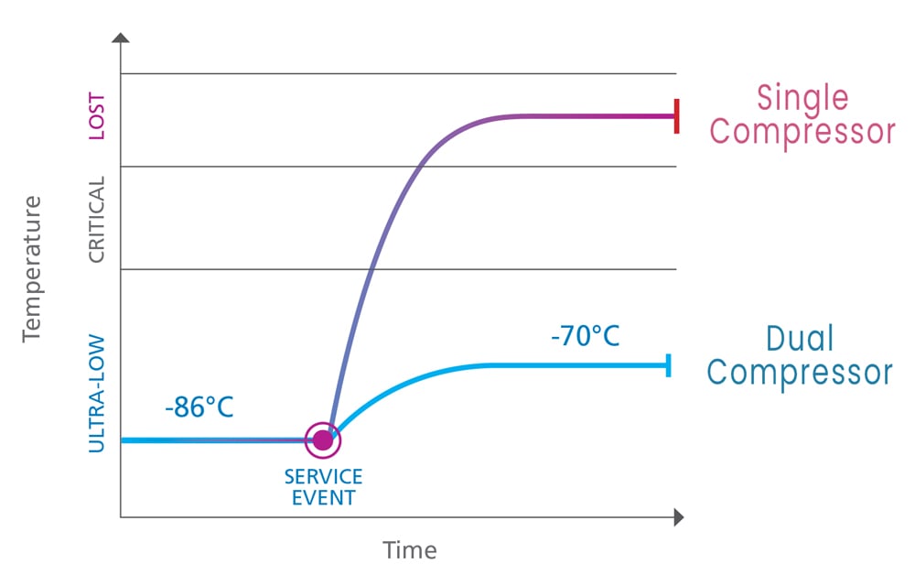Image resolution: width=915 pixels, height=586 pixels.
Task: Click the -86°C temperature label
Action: (x=199, y=407)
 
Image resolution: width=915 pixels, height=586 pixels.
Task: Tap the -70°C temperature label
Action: (x=586, y=336)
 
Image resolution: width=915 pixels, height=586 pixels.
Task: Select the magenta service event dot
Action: (x=322, y=440)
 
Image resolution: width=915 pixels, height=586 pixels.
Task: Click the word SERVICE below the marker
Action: (x=323, y=477)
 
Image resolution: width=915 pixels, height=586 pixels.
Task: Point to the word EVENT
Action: (x=323, y=498)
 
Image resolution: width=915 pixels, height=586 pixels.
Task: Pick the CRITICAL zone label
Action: (x=97, y=219)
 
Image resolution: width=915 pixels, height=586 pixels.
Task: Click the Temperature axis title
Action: (x=33, y=267)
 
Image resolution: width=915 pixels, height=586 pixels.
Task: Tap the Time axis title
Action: (x=409, y=550)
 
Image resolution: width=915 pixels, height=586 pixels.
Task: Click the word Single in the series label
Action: (x=802, y=98)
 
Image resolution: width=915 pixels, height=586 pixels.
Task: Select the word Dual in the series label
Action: (x=800, y=339)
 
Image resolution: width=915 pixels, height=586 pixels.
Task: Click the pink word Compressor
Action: (x=802, y=132)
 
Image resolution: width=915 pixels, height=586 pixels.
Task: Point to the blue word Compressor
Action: (x=800, y=373)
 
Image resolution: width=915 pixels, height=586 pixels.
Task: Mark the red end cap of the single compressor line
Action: (x=676, y=116)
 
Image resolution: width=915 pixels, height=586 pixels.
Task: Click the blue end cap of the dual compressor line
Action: (x=670, y=365)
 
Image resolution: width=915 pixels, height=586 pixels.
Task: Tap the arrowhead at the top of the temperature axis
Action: (x=121, y=38)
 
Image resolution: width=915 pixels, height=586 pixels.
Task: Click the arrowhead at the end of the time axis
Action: (x=678, y=517)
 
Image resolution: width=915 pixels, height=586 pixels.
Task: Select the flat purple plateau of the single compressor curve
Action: (x=586, y=116)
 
